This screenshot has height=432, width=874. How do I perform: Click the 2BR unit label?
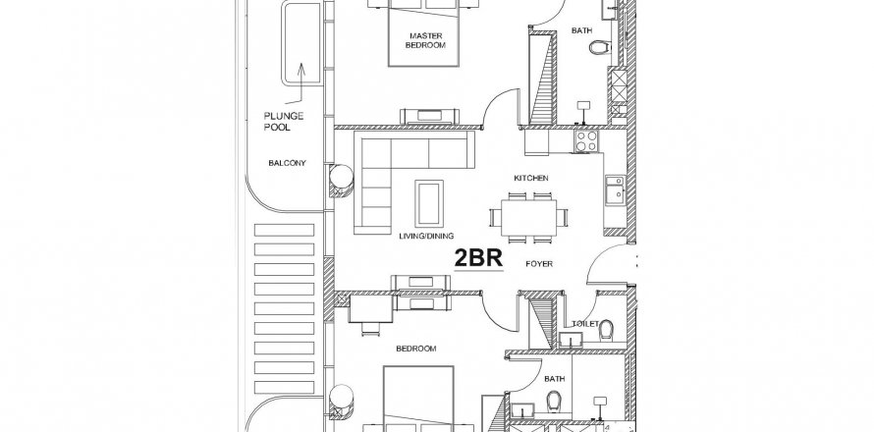pos(478,258)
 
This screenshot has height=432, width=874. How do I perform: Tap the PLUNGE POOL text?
pos(284,122)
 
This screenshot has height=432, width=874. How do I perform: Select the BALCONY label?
pos(287,163)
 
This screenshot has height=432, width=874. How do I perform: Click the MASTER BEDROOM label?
pos(425,40)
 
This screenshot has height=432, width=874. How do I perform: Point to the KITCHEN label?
pos(530,178)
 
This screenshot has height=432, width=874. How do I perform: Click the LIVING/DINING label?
pos(426,236)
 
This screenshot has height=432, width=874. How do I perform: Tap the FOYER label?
pos(539,264)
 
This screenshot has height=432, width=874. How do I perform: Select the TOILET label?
pos(584,324)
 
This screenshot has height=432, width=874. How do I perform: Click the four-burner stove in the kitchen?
pos(586,141)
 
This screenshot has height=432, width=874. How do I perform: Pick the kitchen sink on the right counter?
pos(615,192)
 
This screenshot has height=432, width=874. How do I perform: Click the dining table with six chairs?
pos(528,217)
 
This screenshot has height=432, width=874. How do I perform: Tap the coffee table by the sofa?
pos(429,203)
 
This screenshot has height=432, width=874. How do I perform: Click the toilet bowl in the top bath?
pos(597,47)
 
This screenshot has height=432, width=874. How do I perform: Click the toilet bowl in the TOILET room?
pos(606,331)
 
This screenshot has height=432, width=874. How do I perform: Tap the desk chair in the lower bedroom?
pos(369,330)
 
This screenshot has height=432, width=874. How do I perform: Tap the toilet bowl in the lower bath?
pos(553,400)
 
